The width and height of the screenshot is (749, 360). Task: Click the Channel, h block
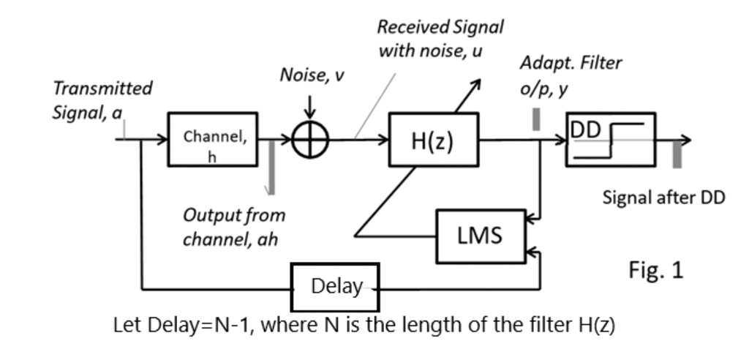tap(213, 139)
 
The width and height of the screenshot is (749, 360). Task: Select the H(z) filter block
tap(433, 140)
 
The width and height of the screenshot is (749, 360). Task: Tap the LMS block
tap(480, 236)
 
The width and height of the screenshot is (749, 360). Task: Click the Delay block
tap(336, 287)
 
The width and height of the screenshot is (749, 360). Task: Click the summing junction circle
tap(310, 139)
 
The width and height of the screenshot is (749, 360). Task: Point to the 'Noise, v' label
tap(310, 75)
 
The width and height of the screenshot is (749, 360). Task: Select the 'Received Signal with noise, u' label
tap(440, 39)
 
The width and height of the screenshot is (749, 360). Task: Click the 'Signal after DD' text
tap(663, 198)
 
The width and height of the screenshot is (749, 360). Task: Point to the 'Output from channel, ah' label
tap(233, 227)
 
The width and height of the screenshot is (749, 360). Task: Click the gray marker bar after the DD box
tap(677, 155)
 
